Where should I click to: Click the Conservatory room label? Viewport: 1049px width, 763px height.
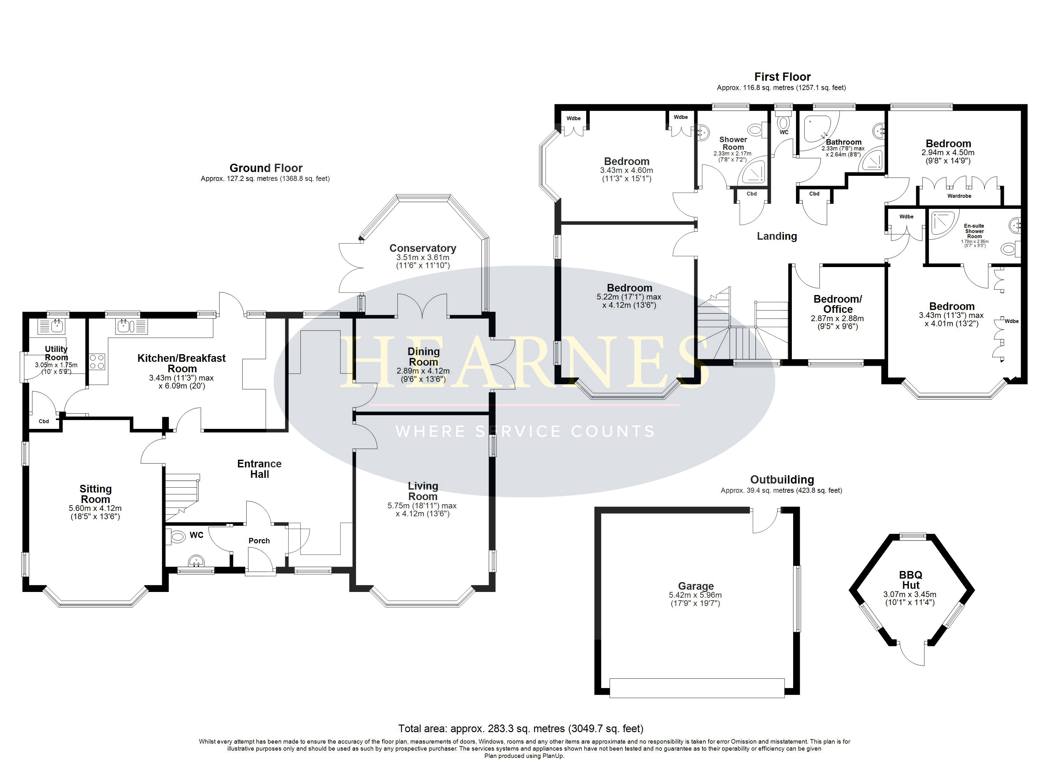[423, 249]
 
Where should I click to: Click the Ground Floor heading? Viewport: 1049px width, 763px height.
[266, 168]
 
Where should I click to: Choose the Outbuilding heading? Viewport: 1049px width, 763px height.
[782, 479]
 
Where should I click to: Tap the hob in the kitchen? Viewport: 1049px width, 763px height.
[97, 361]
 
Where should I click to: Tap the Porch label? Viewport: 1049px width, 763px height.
[259, 540]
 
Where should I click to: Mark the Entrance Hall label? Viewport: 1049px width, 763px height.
[259, 469]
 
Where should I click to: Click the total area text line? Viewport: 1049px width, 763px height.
[521, 729]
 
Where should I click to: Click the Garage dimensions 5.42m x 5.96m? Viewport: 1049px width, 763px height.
[695, 595]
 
